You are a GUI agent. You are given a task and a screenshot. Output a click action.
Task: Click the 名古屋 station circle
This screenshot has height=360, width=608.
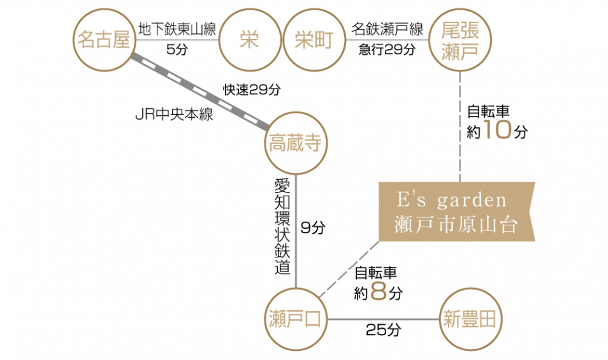coord(103,40)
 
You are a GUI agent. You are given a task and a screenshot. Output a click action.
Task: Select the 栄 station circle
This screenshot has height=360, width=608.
coord(249,40)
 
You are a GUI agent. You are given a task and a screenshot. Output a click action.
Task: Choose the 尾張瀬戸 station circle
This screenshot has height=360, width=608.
coord(460,40)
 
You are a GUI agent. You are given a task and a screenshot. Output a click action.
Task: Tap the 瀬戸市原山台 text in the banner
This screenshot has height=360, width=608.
coord(455,225)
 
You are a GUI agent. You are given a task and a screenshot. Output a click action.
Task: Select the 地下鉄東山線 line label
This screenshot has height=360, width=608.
coord(177,29)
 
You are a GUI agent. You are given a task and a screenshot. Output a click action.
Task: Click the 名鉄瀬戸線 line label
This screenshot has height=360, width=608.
coord(387,29)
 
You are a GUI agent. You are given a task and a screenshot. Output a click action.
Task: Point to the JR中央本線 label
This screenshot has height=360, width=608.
coord(174,115)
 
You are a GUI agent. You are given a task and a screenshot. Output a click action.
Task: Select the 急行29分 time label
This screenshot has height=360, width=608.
coord(387,50)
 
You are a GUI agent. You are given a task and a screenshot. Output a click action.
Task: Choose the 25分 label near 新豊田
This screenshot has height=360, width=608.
coord(383,330)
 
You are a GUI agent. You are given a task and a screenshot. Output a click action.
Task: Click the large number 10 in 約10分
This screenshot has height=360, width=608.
coord(497,131)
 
